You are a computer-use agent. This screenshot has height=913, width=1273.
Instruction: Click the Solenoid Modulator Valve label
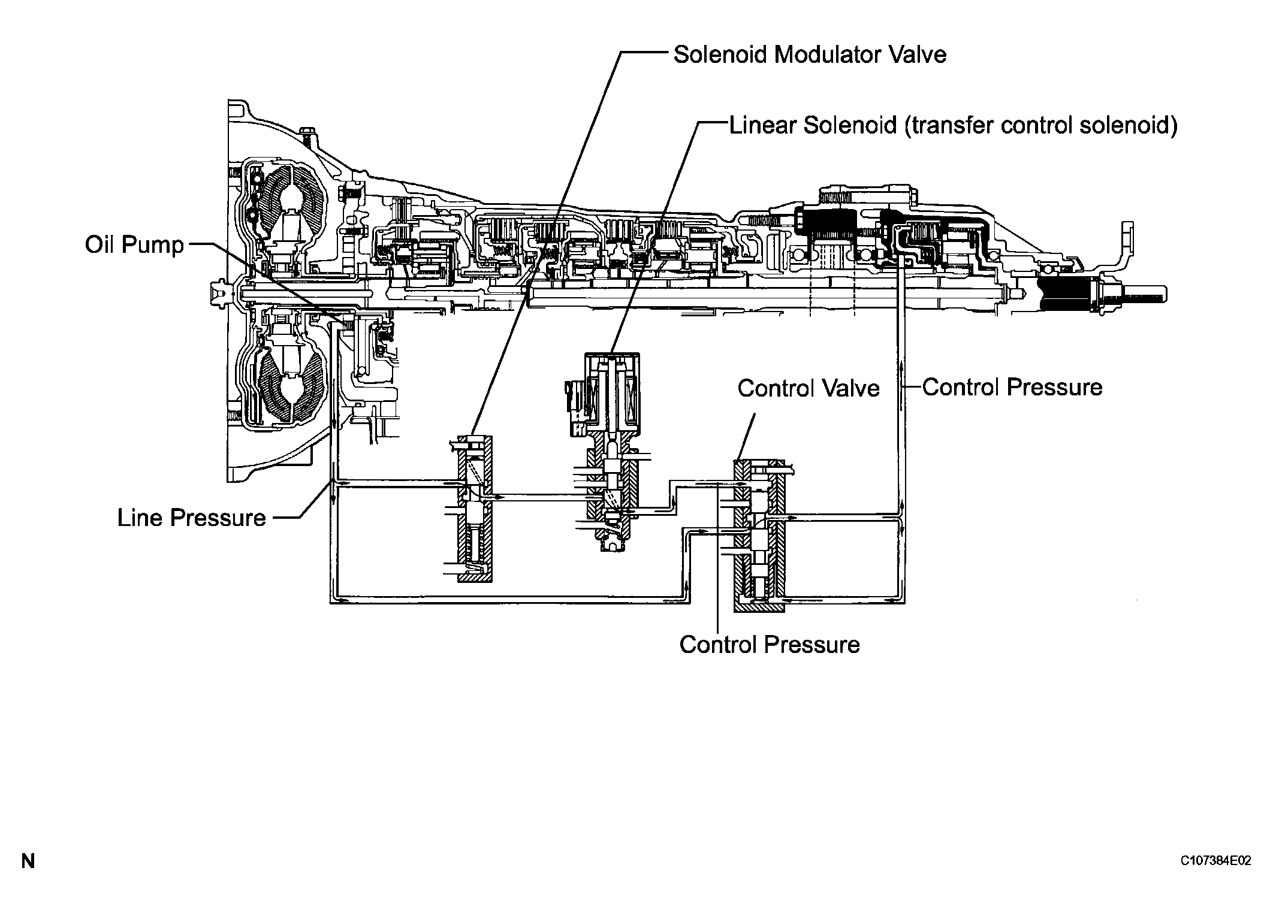810,55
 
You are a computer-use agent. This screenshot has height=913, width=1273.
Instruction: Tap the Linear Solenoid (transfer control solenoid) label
953,126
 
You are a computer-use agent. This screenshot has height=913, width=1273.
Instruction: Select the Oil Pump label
134,244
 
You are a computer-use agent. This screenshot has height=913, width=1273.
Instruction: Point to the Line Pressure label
191,518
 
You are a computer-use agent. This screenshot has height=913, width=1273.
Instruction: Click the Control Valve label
808,388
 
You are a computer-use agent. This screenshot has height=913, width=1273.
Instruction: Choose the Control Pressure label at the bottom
769,645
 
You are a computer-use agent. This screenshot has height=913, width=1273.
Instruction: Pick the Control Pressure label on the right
1012,387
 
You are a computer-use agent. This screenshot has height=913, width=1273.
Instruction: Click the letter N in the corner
28,861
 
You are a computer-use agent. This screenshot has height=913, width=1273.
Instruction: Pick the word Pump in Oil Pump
156,244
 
